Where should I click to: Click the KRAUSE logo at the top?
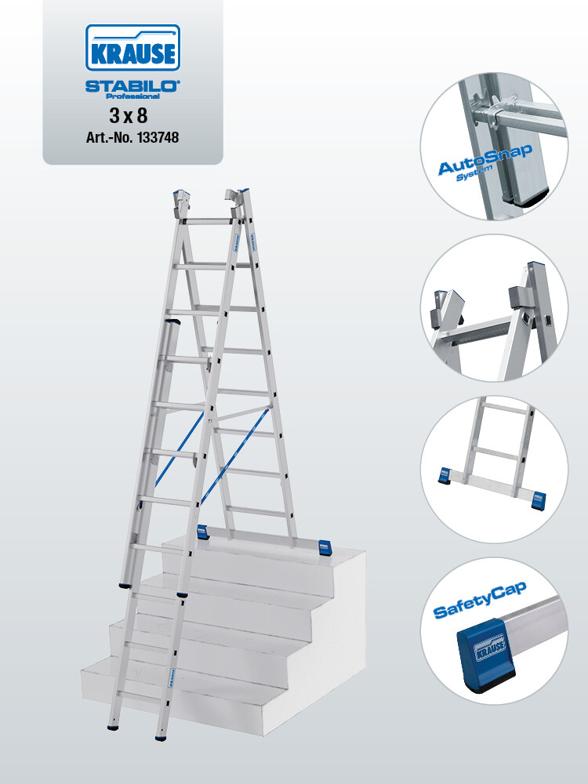(x=132, y=48)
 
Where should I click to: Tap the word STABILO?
(x=132, y=86)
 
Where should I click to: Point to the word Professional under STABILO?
(x=133, y=96)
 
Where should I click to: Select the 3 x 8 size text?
(x=129, y=116)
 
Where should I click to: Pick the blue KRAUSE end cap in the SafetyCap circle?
(x=486, y=654)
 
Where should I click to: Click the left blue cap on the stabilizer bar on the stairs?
(x=202, y=532)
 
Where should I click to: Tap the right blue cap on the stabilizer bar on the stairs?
(x=325, y=546)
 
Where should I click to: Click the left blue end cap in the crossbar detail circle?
(x=445, y=475)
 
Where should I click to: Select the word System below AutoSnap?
(x=474, y=173)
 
